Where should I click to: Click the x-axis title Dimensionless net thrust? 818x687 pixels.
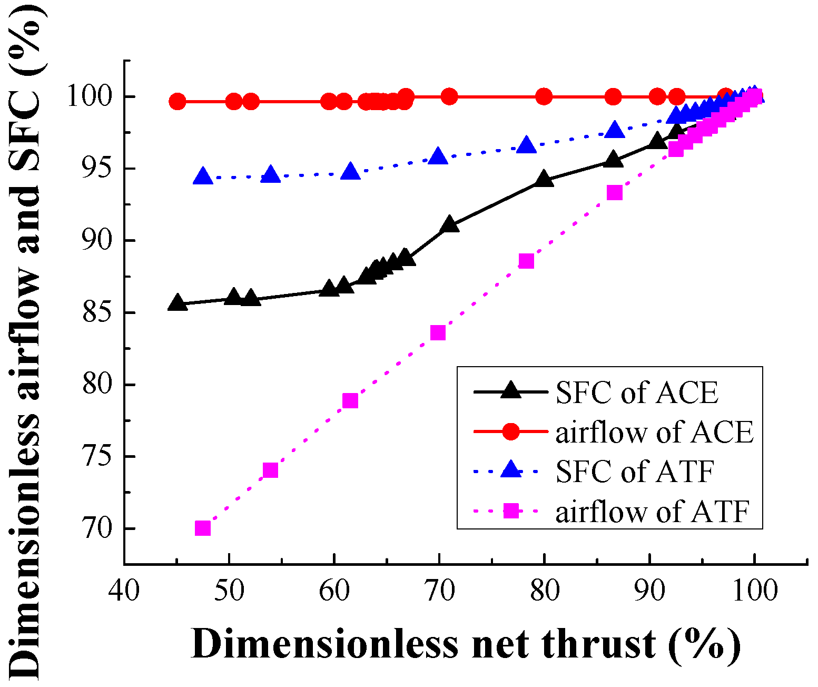tap(466, 644)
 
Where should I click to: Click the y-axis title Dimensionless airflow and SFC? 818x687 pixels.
tap(25, 342)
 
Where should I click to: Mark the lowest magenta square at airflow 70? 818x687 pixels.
tap(203, 528)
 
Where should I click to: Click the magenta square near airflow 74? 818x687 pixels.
tap(270, 470)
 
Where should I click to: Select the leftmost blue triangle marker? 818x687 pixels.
tap(203, 176)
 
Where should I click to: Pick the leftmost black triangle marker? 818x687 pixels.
tap(178, 303)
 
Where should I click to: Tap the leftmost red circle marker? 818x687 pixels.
tap(178, 101)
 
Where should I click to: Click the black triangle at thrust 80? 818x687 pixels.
tap(544, 180)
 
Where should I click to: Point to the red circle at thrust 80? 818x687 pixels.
tap(544, 97)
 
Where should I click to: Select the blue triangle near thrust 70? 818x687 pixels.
tap(438, 156)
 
